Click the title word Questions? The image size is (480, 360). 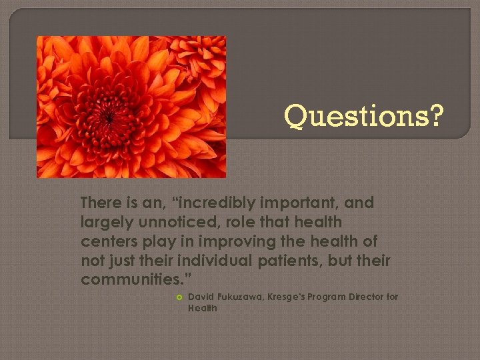364,116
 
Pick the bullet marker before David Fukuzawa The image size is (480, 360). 178,297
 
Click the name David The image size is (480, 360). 202,297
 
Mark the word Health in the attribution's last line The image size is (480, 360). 203,308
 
